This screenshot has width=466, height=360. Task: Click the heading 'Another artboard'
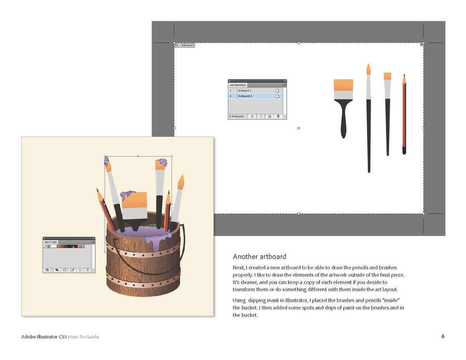pos(259,256)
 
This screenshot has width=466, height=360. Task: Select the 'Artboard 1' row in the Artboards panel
pos(255,91)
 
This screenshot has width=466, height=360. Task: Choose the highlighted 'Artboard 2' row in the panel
pos(255,96)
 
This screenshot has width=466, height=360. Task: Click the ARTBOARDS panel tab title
pos(238,85)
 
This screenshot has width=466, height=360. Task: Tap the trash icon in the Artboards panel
pos(278,116)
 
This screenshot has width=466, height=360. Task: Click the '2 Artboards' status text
pos(236,116)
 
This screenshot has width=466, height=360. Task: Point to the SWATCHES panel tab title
pos(50,242)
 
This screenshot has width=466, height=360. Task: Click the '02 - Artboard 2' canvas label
pos(184,45)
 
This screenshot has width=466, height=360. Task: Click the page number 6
pos(443,336)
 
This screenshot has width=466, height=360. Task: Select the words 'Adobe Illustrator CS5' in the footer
pos(44,337)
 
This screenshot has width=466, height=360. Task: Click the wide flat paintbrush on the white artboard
pos(343,109)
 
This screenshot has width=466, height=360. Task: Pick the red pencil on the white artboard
pos(404,114)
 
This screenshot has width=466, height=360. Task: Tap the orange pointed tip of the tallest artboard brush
pos(369,69)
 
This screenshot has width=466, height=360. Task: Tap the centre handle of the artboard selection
pos(299,128)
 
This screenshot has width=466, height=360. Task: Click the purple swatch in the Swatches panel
pos(83,246)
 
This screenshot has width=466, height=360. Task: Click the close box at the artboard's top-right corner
pos(421,45)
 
